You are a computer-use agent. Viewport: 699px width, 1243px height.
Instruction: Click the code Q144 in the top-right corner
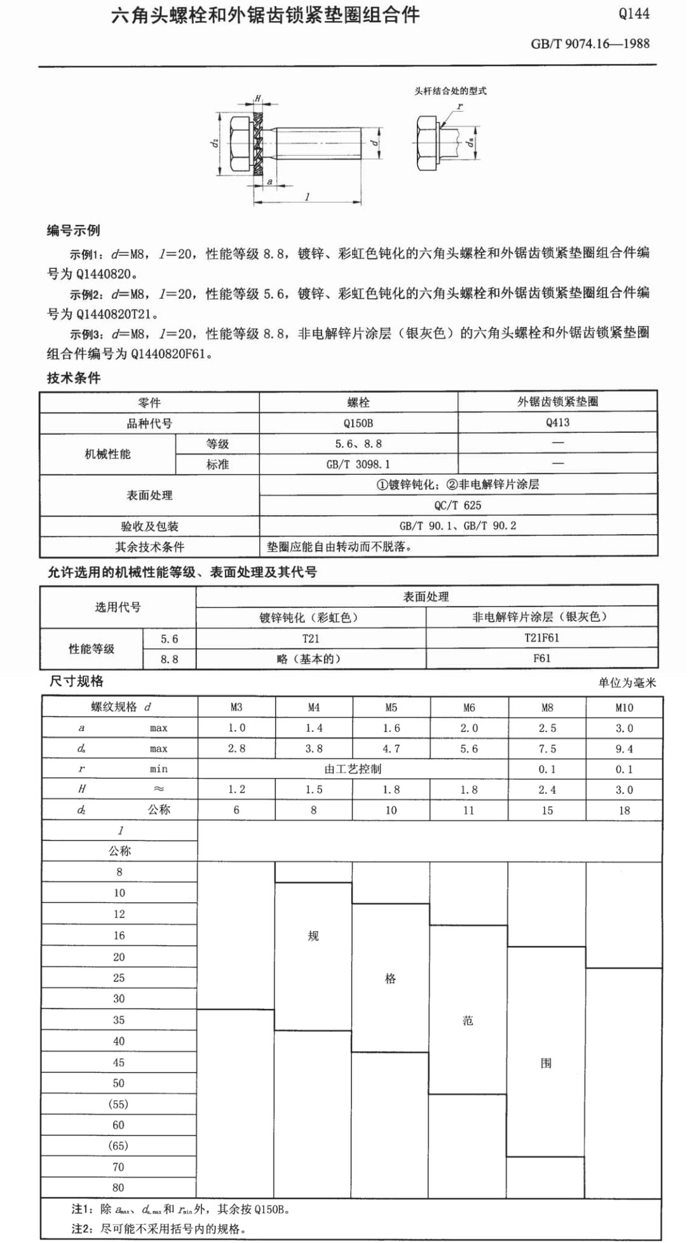634,14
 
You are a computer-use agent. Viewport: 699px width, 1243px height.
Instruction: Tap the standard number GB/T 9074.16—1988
590,44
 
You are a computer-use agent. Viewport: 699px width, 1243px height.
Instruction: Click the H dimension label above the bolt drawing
258,99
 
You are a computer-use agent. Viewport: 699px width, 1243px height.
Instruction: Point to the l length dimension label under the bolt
308,196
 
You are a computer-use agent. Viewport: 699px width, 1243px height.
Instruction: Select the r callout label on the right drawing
459,107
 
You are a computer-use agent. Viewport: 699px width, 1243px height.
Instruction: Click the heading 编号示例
74,231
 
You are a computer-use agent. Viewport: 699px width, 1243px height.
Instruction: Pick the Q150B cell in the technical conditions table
358,423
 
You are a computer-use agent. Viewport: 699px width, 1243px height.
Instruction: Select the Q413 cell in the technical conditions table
557,423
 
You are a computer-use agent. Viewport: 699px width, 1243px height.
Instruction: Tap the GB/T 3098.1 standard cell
358,465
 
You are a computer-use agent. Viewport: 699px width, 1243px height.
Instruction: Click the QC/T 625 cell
458,505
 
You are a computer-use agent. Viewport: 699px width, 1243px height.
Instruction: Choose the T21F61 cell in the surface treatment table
541,638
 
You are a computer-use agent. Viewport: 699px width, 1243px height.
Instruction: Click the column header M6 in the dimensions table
469,708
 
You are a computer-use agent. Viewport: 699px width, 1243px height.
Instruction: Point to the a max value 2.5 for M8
547,729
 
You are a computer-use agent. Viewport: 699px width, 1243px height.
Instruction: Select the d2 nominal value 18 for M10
624,811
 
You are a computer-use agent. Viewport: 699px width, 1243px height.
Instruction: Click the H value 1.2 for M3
236,790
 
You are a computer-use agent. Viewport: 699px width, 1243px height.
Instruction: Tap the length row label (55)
119,1104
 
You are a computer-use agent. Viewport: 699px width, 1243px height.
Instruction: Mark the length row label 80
119,1188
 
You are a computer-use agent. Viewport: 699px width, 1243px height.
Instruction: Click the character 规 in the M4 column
313,936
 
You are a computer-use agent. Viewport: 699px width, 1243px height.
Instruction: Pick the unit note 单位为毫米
627,683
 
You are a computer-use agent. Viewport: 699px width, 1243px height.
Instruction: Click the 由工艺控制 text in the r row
353,769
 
